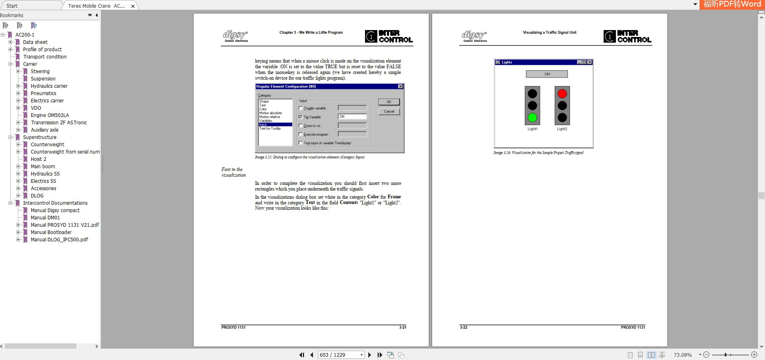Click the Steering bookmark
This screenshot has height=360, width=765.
click(x=40, y=72)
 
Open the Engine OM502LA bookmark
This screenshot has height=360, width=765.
click(x=50, y=115)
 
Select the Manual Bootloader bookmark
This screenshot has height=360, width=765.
click(x=51, y=232)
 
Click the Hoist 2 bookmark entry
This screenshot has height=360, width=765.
click(x=38, y=159)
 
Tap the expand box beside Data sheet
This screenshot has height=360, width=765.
click(x=11, y=42)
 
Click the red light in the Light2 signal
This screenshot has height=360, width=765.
click(x=562, y=94)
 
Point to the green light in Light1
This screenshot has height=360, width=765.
click(x=532, y=118)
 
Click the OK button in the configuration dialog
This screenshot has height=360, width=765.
click(x=389, y=102)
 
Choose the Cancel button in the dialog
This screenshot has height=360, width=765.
click(x=389, y=111)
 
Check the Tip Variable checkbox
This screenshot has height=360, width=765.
click(x=300, y=117)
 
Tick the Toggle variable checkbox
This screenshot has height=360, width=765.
click(x=300, y=108)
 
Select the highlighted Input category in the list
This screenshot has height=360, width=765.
click(x=275, y=125)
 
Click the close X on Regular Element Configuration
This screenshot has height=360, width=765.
click(x=400, y=87)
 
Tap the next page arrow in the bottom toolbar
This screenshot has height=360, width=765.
click(x=369, y=355)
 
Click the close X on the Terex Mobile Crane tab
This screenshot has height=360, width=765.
click(x=133, y=6)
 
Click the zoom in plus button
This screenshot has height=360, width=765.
click(x=754, y=355)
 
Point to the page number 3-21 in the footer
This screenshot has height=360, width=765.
click(x=402, y=327)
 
